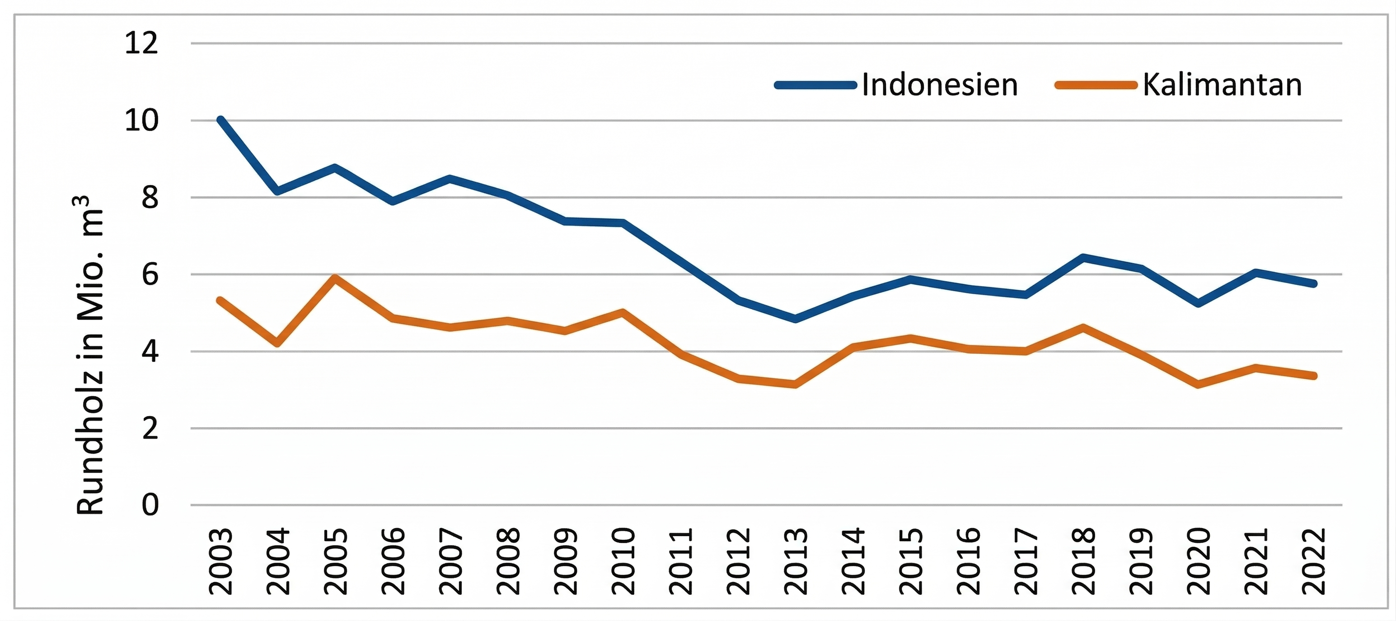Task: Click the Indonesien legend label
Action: pos(940,85)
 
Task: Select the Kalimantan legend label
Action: pos(1222,85)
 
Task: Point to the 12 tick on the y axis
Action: pos(141,43)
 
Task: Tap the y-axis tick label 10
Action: pos(141,120)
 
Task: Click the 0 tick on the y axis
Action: pos(150,505)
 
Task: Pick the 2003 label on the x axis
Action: pos(221,561)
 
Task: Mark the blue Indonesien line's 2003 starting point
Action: pos(220,120)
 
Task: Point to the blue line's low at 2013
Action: pos(795,319)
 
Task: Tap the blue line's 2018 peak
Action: pos(1083,257)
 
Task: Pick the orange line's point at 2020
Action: pos(1198,385)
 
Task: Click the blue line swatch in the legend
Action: pos(815,85)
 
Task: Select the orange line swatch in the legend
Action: pos(1095,85)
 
